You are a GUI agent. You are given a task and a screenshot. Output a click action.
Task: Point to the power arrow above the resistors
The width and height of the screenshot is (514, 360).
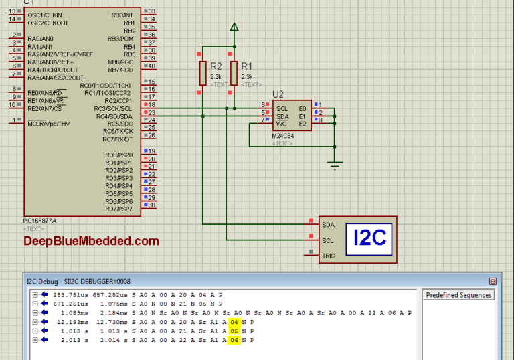point(234,28)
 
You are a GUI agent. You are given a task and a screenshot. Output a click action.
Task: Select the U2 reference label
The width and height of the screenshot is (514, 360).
point(278,94)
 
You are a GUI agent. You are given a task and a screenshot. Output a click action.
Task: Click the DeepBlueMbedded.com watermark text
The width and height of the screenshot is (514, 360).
point(92,241)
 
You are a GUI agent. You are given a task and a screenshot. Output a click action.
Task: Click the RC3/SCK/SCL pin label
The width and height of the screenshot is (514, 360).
point(113,108)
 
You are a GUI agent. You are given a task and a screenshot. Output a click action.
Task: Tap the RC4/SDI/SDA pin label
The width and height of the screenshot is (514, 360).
point(114,116)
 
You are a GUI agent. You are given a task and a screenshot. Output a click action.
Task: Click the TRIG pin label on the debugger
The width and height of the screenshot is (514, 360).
point(329,255)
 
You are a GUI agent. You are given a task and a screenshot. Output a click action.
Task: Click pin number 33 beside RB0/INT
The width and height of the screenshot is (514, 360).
point(152,11)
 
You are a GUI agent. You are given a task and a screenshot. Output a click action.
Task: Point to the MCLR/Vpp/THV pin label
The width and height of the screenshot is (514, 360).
point(49,124)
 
